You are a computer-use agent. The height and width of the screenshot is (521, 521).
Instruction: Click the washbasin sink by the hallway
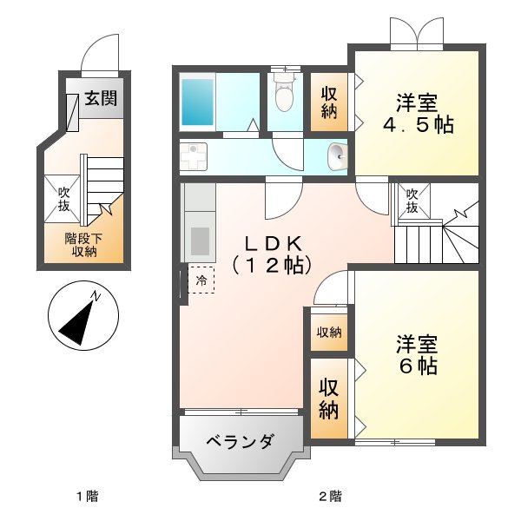coord(337,157)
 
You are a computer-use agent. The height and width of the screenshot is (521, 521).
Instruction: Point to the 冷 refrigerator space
coord(201,280)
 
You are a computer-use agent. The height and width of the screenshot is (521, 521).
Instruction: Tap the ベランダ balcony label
coord(240,441)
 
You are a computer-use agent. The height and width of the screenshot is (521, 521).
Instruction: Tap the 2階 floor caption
coord(328,497)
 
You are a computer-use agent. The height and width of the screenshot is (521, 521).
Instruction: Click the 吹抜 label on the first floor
coord(63,199)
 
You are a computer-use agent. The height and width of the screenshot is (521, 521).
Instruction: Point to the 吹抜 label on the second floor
coord(412,201)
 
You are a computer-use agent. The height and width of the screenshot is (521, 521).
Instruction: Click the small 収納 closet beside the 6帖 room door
coord(329,332)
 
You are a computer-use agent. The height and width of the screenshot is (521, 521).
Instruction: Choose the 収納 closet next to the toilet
coord(329,102)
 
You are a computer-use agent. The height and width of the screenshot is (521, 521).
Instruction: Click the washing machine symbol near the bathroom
coord(194,157)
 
